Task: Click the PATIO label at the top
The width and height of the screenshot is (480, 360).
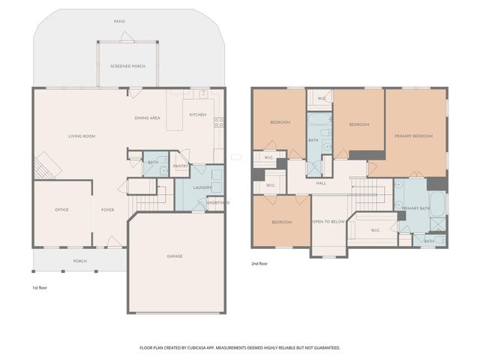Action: pos(119,22)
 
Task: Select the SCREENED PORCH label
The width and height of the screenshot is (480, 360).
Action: pos(127,67)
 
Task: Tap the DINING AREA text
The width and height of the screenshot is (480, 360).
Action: pos(147,118)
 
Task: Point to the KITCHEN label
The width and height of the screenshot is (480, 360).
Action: pos(197,115)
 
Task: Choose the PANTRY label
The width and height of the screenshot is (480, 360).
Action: pos(180,166)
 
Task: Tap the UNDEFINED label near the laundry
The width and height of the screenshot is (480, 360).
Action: pos(217,202)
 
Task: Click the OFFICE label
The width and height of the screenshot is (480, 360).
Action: pos(61,209)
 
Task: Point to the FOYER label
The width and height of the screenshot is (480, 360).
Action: pos(108,209)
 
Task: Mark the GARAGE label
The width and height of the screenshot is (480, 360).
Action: pos(175,256)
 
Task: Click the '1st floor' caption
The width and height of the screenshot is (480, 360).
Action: pos(40,287)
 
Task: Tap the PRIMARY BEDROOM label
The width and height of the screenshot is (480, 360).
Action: pos(414,136)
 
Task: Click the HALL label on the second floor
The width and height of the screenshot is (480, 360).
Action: pos(321,183)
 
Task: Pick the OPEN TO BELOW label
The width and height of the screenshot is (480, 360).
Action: pos(328,222)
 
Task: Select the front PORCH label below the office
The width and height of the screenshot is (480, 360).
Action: pos(79,261)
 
